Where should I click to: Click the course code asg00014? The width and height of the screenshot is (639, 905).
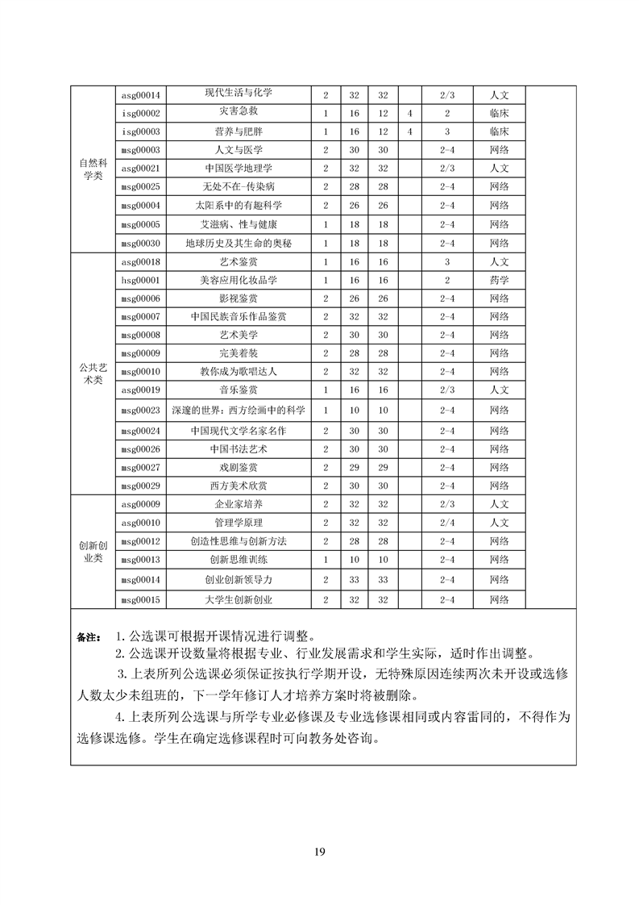tap(141, 94)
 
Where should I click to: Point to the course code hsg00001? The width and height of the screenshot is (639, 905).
tap(141, 280)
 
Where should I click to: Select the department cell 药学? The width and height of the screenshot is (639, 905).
tap(499, 280)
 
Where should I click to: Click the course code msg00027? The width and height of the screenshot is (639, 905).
tap(141, 467)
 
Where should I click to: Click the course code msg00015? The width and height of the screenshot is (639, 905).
tap(141, 599)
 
